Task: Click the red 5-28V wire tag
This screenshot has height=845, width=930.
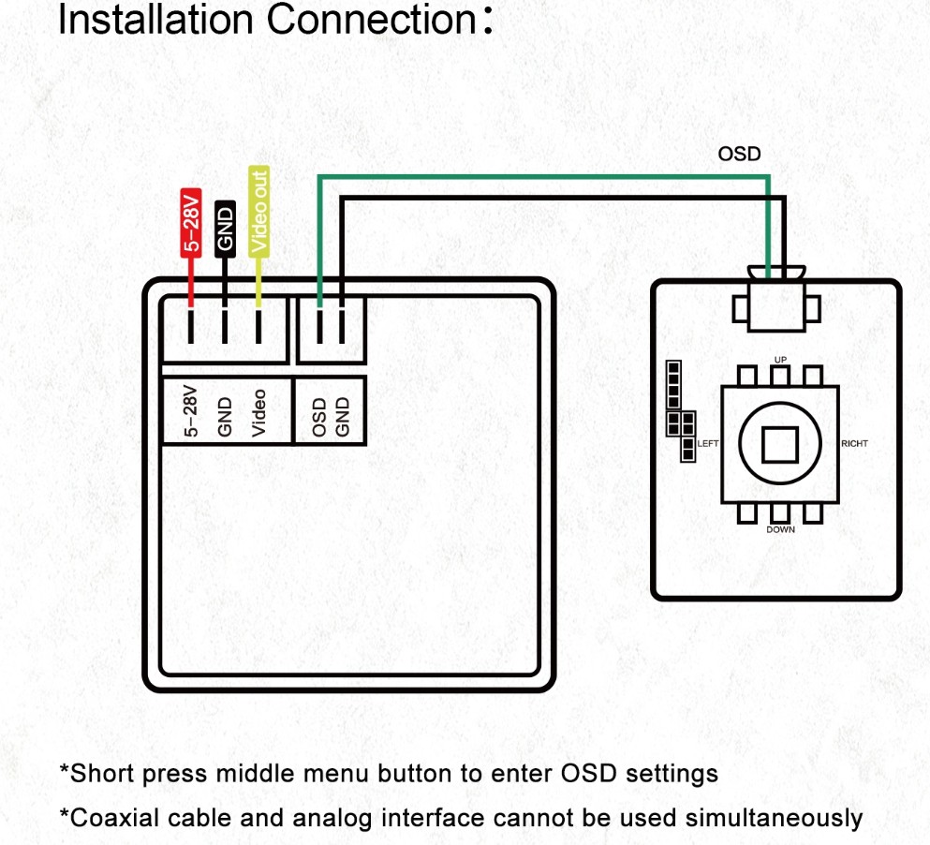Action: pos(191,222)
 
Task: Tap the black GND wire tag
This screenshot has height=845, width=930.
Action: pos(225,227)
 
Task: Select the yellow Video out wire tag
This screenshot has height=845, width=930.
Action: pos(258,211)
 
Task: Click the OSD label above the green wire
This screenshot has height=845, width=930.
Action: pos(740,154)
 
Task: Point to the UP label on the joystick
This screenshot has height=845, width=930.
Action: pos(780,360)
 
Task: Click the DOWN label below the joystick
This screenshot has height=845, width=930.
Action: pos(780,529)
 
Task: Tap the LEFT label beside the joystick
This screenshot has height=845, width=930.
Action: pos(707,444)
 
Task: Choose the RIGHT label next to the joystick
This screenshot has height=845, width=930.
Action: pos(856,444)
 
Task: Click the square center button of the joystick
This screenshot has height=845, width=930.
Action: pos(779,444)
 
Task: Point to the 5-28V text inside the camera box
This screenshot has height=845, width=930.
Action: pos(192,411)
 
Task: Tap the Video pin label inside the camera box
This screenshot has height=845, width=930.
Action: pos(259,413)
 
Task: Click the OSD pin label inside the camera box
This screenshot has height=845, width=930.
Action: pos(319,416)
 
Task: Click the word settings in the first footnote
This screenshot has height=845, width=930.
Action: pos(671,774)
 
